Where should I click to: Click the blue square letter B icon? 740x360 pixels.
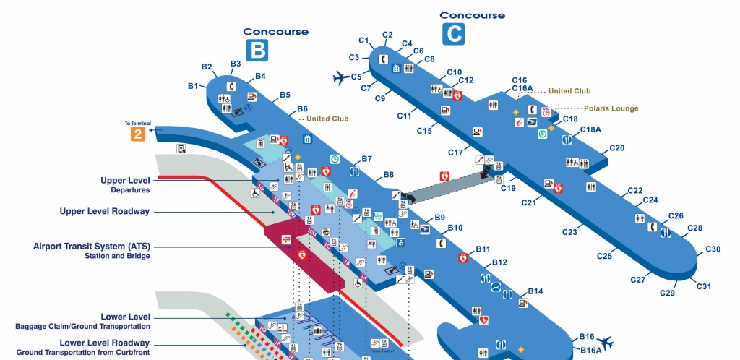tap(257, 50)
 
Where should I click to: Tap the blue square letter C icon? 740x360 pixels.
tap(454, 33)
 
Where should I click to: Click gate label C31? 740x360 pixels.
tap(704, 286)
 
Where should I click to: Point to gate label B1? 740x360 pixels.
tap(193, 86)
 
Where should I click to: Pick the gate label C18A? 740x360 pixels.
tap(591, 130)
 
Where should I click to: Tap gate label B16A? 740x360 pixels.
tap(591, 350)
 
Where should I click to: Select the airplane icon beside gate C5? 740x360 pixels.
tap(340, 77)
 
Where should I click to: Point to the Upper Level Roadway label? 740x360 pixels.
tap(105, 211)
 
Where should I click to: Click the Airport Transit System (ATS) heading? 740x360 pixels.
tap(92, 247)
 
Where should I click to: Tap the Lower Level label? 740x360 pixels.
tap(126, 317)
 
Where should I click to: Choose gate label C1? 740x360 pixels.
tap(363, 40)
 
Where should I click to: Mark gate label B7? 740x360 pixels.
tap(367, 158)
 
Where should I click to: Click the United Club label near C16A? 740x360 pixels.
tap(569, 91)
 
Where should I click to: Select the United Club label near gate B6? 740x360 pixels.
tap(327, 119)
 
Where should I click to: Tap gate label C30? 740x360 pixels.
tap(713, 249)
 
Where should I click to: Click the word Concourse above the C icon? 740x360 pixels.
tap(472, 15)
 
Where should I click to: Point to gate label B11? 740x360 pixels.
tap(483, 249)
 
